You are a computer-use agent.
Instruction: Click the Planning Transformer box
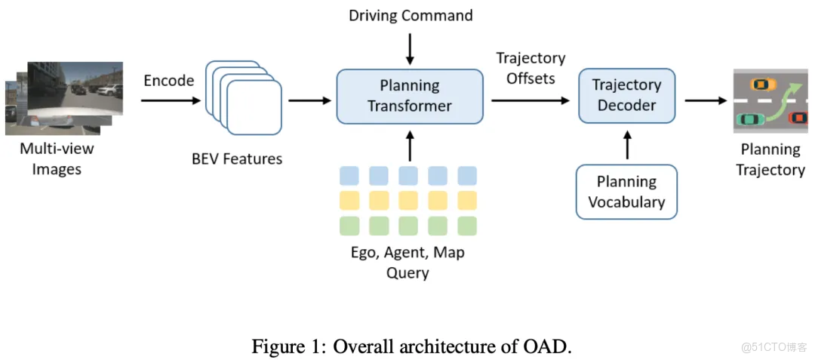409,96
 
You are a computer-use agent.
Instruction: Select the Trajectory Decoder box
626,96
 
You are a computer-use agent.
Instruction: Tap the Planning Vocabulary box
626,192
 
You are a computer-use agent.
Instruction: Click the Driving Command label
411,15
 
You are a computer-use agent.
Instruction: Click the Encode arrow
171,100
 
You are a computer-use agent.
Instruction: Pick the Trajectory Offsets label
531,68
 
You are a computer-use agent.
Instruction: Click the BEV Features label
237,158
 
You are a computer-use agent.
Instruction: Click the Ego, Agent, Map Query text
407,262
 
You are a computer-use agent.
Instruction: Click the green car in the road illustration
750,119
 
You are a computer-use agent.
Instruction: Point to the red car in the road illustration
797,117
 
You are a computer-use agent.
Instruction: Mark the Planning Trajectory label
770,159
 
